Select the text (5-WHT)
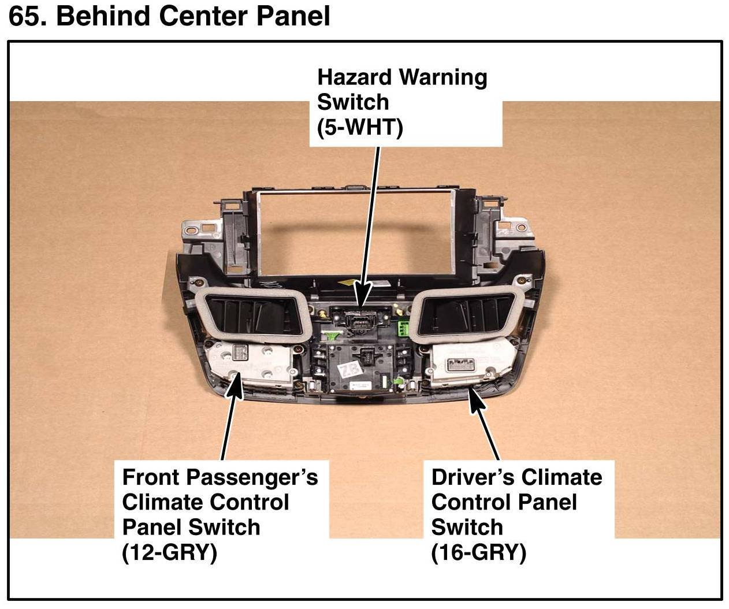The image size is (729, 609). [x=359, y=128]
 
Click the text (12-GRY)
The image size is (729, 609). [x=169, y=553]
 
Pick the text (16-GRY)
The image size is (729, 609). [x=478, y=553]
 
